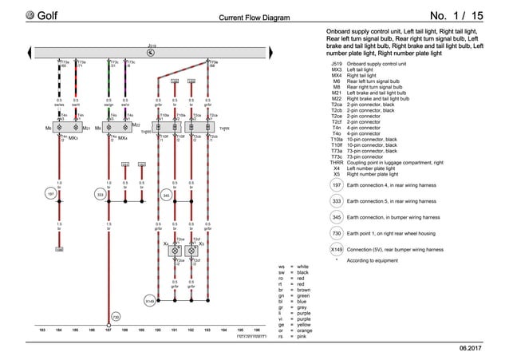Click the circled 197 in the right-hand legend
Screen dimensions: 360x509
click(x=336, y=185)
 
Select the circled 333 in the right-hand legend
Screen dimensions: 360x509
click(x=336, y=201)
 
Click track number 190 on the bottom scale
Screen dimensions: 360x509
click(x=158, y=329)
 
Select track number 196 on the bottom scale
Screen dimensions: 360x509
click(x=257, y=329)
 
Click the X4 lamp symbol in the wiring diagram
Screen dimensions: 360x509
click(x=174, y=250)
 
